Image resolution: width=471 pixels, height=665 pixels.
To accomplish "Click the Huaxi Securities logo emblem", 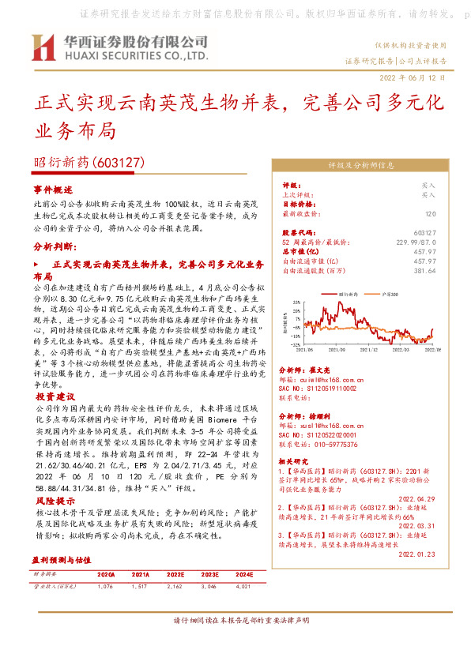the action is pos(43,48).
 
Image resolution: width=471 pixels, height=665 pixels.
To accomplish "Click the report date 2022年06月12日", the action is pos(413,79).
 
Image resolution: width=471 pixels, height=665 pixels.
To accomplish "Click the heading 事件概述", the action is pos(53,190).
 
